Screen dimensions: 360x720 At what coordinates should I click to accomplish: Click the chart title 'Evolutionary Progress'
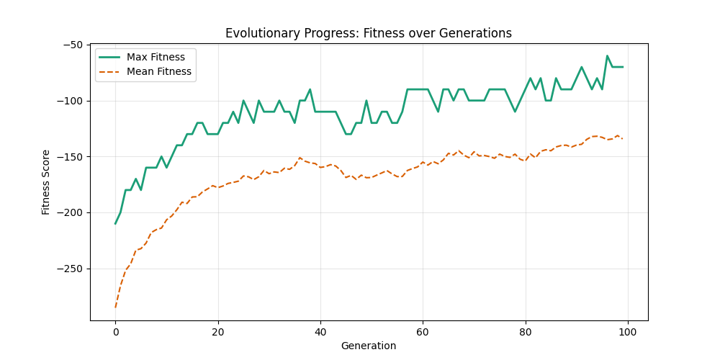(368, 33)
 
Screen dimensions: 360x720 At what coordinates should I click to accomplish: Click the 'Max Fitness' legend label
(156, 57)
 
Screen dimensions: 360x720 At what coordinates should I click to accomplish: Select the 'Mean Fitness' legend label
(158, 71)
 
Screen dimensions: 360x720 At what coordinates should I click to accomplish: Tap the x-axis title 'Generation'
(368, 346)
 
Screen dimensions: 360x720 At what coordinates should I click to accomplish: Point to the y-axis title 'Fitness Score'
(46, 182)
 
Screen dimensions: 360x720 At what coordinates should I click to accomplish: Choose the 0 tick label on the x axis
(115, 331)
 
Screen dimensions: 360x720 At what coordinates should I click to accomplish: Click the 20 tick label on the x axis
(217, 331)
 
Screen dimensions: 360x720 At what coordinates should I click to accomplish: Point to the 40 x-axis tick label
(320, 331)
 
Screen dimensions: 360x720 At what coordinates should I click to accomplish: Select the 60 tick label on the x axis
(423, 331)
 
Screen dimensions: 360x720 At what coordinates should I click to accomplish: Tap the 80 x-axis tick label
(525, 331)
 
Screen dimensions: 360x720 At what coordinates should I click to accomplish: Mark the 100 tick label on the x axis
(627, 331)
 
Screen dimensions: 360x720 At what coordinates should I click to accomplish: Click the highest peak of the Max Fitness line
(607, 55)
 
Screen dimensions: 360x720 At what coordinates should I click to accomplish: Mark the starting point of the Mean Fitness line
(115, 307)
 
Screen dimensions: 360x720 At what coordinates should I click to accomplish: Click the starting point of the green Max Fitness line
(115, 223)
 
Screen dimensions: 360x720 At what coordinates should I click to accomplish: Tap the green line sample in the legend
(109, 57)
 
